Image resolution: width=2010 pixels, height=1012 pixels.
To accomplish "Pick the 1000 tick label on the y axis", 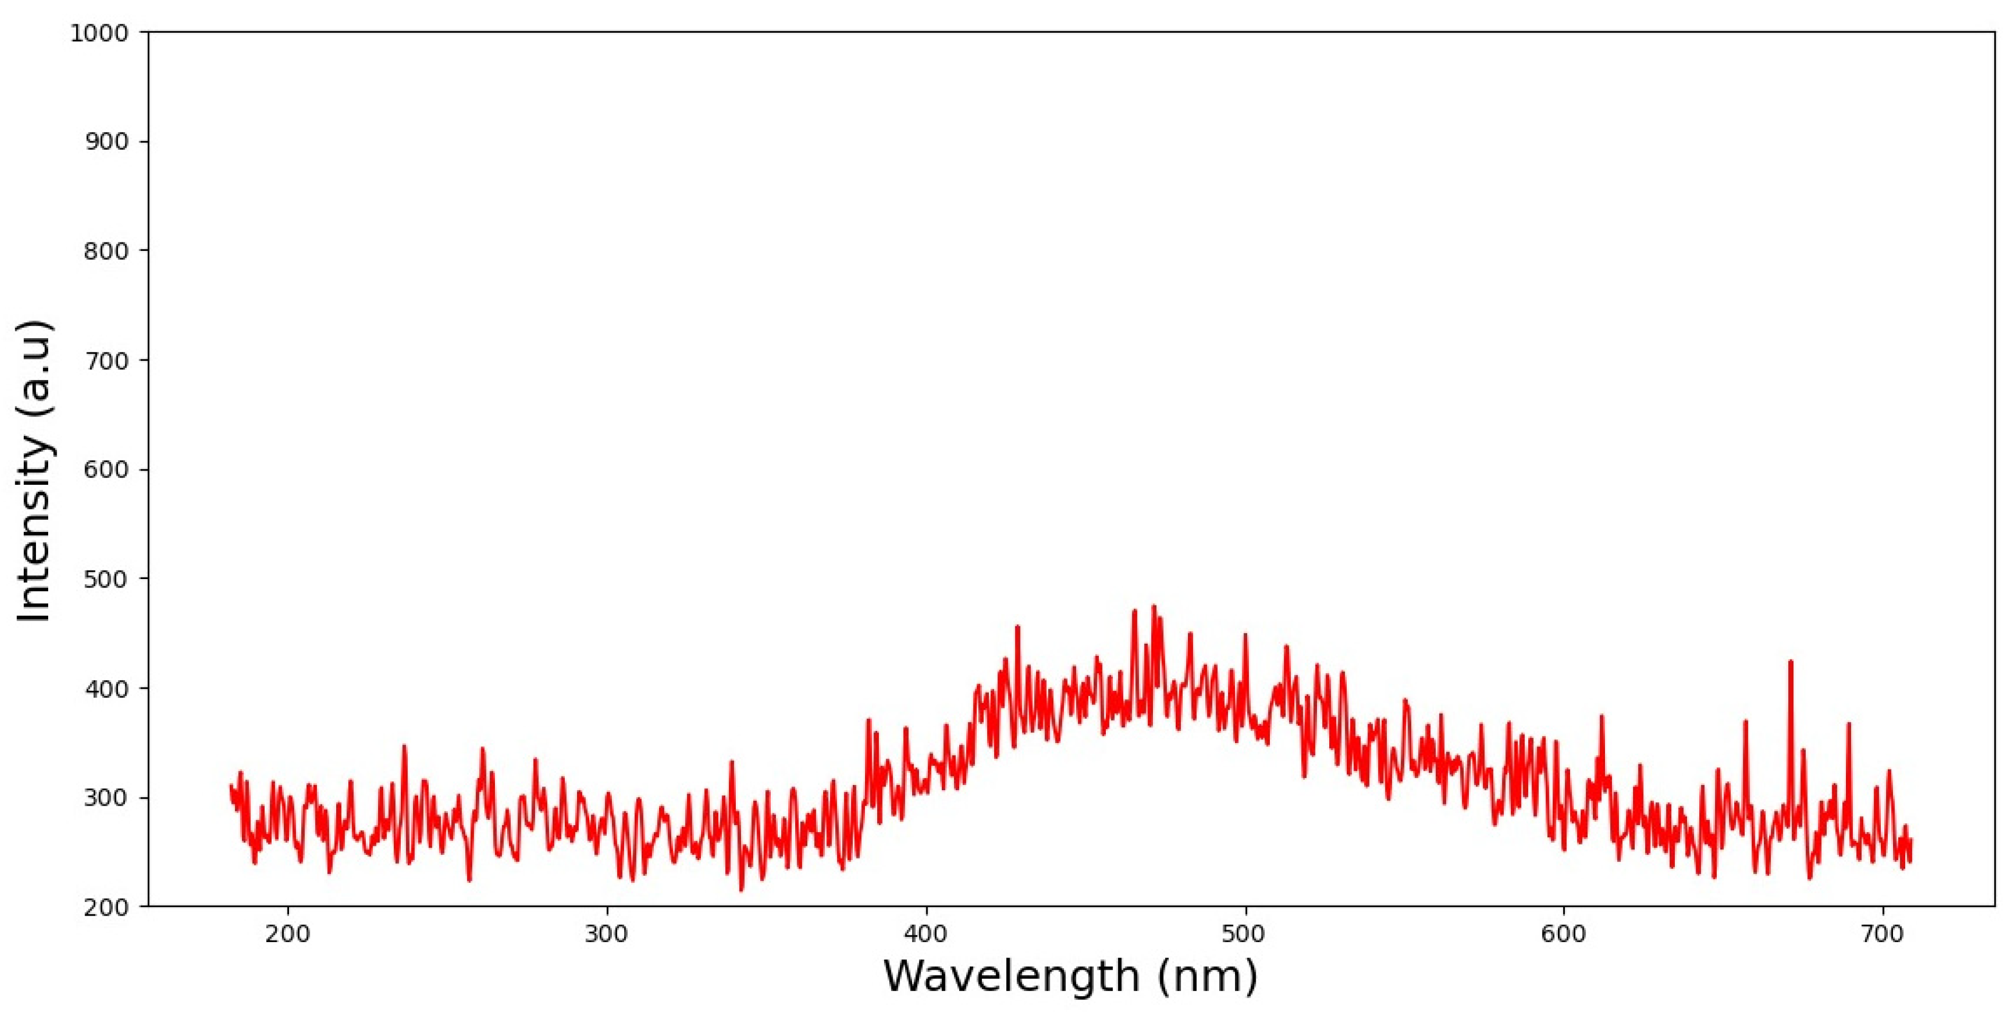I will (x=99, y=33).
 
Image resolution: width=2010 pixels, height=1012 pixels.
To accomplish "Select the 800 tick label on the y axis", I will (x=105, y=251).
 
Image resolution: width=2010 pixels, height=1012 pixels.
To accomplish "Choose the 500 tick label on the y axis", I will (x=105, y=579).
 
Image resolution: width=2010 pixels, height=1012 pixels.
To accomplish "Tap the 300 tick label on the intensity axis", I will (x=105, y=798).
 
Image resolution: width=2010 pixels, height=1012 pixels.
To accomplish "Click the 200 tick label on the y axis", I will (x=105, y=907).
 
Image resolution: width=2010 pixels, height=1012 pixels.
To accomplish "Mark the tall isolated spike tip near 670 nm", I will (x=1791, y=662).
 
